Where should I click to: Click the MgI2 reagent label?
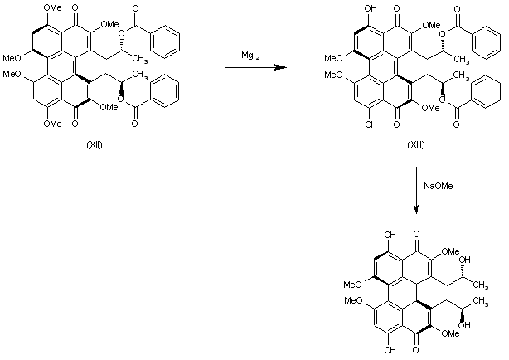[x=247, y=56]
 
